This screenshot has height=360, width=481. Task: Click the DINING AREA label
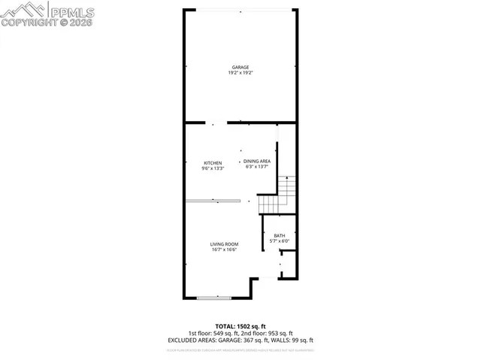point(256,161)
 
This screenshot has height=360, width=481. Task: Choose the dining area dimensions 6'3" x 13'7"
point(256,167)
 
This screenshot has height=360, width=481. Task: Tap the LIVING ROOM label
point(224,244)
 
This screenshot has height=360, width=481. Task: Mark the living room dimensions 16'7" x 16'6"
point(224,250)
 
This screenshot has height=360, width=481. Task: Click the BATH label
point(279,236)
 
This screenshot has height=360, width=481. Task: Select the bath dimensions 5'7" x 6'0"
point(279,241)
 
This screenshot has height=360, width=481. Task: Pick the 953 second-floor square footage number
point(273,334)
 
